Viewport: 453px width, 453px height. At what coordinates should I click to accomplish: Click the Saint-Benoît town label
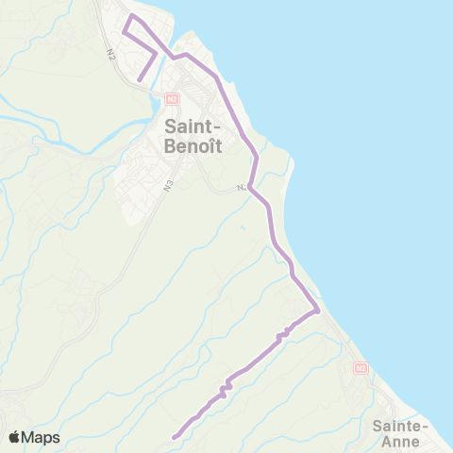click(x=194, y=135)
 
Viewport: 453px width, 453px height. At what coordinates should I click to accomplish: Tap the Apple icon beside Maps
click(x=15, y=437)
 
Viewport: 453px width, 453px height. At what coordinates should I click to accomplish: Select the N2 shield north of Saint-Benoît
click(x=172, y=98)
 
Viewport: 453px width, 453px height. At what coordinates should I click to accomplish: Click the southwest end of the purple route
click(x=175, y=437)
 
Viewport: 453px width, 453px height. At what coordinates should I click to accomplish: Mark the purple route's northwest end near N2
click(x=141, y=80)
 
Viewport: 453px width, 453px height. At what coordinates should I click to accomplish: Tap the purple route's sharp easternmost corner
click(x=319, y=310)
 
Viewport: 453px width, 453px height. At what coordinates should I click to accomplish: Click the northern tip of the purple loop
click(x=131, y=17)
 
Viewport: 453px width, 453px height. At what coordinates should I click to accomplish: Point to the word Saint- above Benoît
click(x=194, y=125)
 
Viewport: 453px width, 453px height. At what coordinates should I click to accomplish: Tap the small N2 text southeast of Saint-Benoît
click(x=242, y=189)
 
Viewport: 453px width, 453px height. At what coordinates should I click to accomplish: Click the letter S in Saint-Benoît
click(x=171, y=125)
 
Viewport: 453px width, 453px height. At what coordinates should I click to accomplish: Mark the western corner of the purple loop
click(x=123, y=35)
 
